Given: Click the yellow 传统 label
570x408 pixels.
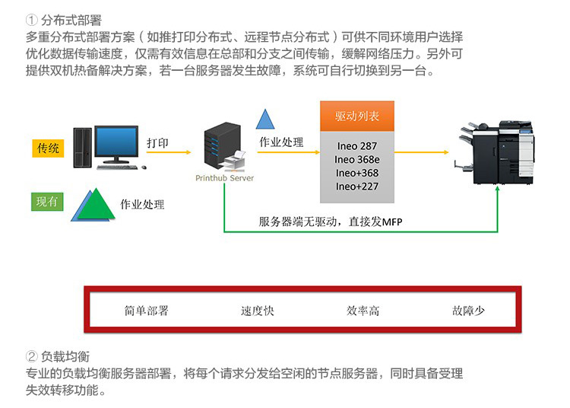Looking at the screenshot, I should click(x=48, y=148).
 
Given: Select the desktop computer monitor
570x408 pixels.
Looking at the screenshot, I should click(x=116, y=143).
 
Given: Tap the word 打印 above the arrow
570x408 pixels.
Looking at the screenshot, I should click(x=158, y=143).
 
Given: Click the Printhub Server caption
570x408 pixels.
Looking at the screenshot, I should click(x=225, y=178).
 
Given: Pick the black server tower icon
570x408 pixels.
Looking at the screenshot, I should click(x=218, y=149).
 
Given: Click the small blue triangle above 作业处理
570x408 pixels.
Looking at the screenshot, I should click(x=264, y=120).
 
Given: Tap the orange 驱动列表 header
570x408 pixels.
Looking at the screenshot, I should click(x=357, y=116).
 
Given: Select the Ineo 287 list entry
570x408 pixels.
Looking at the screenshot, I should click(x=357, y=145).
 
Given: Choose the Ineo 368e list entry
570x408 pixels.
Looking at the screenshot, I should click(x=357, y=159).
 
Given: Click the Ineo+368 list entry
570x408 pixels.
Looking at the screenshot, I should click(x=357, y=173).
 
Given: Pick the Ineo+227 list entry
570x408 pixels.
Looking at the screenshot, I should click(x=357, y=186).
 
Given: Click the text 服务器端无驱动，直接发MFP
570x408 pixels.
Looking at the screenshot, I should click(x=331, y=222).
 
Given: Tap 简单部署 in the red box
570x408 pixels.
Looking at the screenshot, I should click(x=146, y=311).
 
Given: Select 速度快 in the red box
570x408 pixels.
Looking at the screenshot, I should click(x=257, y=311).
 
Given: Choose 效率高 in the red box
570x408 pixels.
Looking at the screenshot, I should click(x=363, y=311).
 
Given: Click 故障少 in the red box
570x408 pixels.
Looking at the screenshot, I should click(x=468, y=311).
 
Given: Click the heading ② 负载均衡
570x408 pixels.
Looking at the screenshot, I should click(x=58, y=356).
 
